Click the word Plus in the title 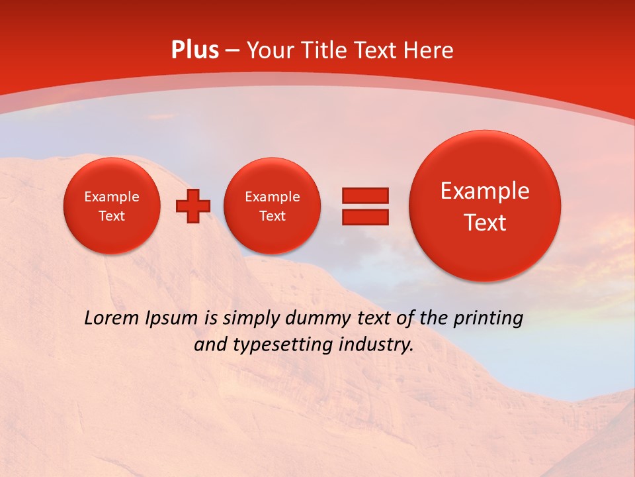tap(195, 50)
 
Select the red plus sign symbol tap(193, 206)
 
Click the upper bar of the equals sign tap(364, 195)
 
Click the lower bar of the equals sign tap(364, 217)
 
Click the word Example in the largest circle tap(485, 191)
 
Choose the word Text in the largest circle tap(485, 223)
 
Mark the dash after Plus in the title tap(232, 51)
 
